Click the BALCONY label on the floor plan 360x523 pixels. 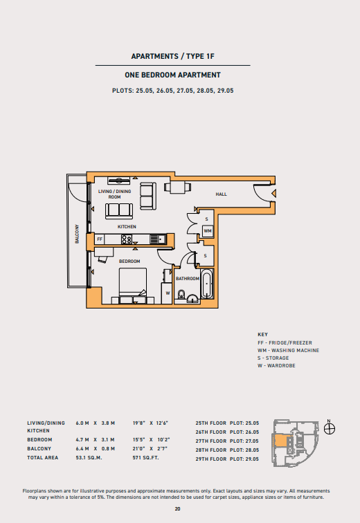click(77, 234)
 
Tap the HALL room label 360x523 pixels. click(222, 194)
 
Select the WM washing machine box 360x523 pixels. click(208, 231)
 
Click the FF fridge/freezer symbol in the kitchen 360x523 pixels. click(100, 239)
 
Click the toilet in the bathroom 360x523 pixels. click(181, 294)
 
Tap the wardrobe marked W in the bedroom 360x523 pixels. click(167, 293)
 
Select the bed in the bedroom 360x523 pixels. click(133, 285)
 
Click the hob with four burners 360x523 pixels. click(127, 239)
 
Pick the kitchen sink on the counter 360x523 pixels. click(158, 239)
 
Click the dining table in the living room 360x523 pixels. click(178, 187)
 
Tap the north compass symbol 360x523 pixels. click(330, 428)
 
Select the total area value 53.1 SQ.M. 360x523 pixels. click(89, 458)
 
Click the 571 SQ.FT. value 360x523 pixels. click(146, 458)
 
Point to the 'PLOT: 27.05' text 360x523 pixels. click(244, 441)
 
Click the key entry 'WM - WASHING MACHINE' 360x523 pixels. click(288, 350)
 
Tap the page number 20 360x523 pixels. click(177, 508)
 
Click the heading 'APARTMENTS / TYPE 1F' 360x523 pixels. click(173, 56)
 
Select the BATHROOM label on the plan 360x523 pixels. click(188, 279)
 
